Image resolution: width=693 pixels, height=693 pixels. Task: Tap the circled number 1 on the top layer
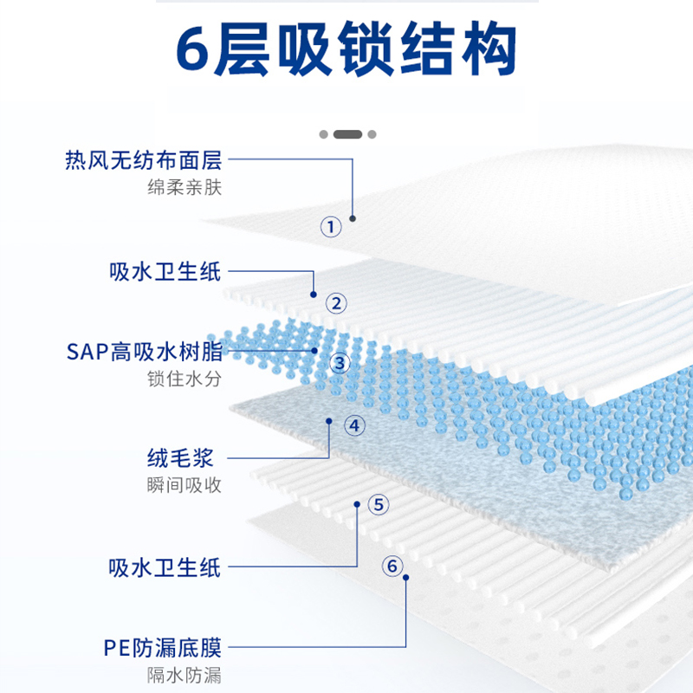pos(331,227)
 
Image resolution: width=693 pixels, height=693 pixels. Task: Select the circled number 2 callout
pos(336,303)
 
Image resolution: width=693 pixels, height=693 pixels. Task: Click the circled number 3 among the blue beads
pos(340,362)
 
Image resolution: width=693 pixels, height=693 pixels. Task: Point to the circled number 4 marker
pos(355,425)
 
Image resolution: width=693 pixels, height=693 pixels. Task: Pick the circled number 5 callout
pos(379,504)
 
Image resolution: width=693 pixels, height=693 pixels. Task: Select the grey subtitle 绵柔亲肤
pos(185,187)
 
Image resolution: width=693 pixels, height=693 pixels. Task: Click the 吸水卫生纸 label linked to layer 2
pos(165,271)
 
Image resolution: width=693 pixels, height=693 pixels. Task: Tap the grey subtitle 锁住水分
pos(185,379)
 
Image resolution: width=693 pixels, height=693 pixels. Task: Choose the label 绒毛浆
pos(185,457)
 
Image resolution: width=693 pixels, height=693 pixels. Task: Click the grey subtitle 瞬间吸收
pos(185,484)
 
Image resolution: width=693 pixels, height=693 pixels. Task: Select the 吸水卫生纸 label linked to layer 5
pos(165,567)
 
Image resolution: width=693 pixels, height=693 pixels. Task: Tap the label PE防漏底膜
pos(163,646)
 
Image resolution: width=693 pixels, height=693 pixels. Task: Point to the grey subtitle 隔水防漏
pos(185,674)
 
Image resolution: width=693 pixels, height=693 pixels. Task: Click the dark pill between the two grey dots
pos(347,134)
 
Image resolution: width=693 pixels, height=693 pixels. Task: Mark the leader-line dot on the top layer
pos(353,217)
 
